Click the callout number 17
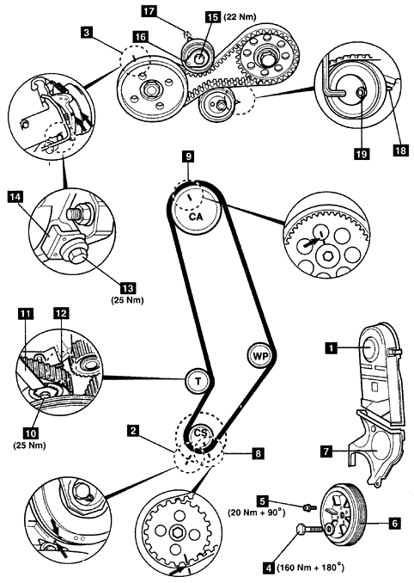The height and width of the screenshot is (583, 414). [x=149, y=11]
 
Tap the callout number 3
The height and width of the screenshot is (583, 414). [x=87, y=33]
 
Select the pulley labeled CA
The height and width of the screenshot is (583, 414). [x=197, y=212]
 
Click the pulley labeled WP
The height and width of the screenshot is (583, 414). [x=260, y=356]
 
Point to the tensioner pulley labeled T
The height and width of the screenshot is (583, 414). [x=198, y=381]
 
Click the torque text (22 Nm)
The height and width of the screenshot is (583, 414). [x=240, y=16]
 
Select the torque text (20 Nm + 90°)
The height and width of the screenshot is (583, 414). [x=257, y=512]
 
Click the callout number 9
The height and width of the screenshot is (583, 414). [x=189, y=156]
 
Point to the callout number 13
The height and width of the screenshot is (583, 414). [x=128, y=288]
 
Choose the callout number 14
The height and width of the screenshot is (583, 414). [x=15, y=197]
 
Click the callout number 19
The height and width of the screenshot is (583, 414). [x=362, y=153]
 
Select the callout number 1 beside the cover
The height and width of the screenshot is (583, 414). [x=332, y=347]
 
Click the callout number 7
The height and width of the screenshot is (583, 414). [x=326, y=451]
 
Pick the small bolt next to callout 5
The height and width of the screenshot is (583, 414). [x=309, y=506]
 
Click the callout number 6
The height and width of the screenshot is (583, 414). [x=394, y=524]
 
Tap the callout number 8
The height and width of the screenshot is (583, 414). [x=258, y=453]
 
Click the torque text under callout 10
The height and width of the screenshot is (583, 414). [x=29, y=445]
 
